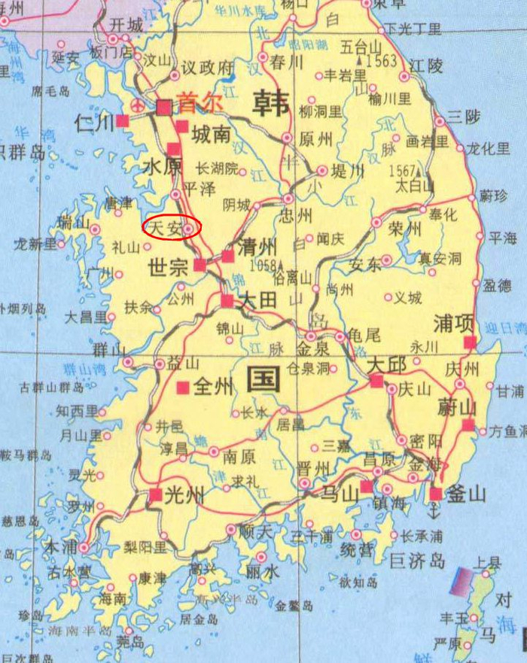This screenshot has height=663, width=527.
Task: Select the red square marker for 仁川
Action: (122, 120)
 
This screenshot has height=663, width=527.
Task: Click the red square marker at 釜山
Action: (436, 494)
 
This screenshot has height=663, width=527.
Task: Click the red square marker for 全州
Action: (182, 387)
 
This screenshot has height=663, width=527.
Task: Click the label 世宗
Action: (168, 266)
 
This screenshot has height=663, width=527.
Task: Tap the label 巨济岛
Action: (417, 561)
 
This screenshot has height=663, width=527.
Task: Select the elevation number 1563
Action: (382, 62)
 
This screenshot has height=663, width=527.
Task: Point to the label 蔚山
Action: (458, 408)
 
